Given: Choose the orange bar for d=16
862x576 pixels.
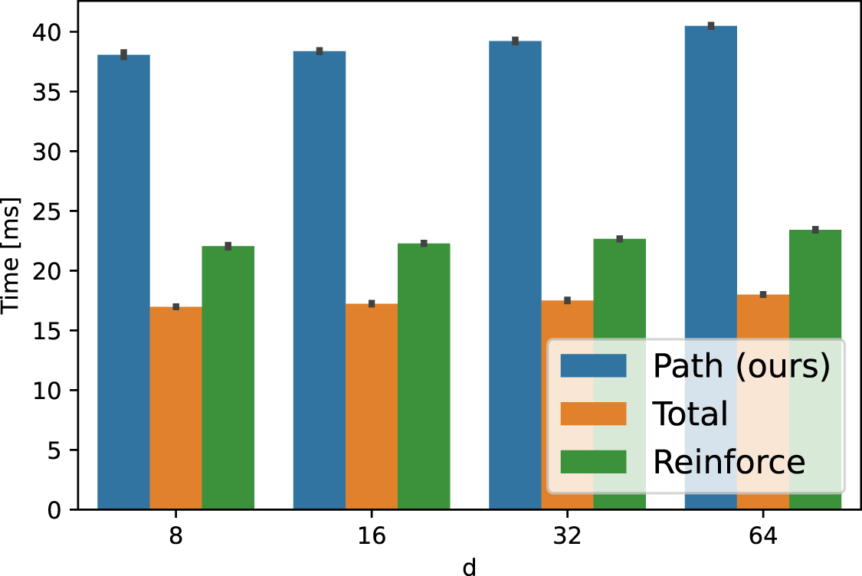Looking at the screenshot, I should (x=371, y=406).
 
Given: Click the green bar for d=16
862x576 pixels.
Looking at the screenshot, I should (x=423, y=376).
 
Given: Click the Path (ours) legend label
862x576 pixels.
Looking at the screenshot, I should (x=741, y=366).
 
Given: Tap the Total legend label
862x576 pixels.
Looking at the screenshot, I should (x=690, y=414).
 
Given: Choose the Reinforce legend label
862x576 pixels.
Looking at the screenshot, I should (x=728, y=462).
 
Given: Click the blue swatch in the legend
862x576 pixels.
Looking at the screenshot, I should (x=593, y=366).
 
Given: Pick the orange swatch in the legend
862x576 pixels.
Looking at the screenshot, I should (x=593, y=414).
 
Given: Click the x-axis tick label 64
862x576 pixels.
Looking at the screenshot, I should (x=762, y=535).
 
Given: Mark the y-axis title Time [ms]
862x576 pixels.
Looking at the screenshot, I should (x=12, y=256).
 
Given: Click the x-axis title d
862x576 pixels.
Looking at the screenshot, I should (x=468, y=566).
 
